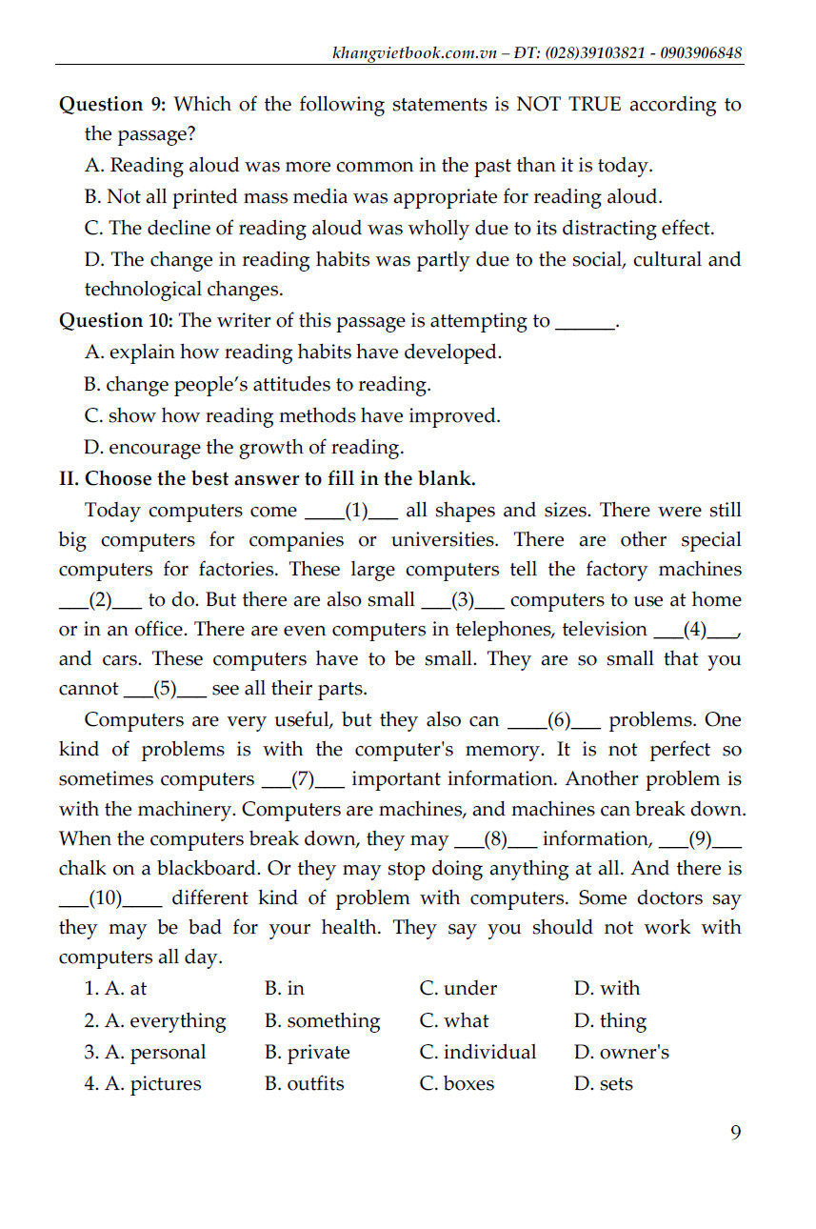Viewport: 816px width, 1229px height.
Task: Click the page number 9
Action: pyautogui.click(x=735, y=1132)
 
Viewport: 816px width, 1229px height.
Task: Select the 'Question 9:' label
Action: pyautogui.click(x=112, y=104)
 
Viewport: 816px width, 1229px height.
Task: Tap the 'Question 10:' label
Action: pyautogui.click(x=117, y=321)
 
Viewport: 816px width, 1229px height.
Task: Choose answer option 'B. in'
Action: pyautogui.click(x=285, y=988)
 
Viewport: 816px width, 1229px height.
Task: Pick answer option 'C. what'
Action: pyautogui.click(x=454, y=1020)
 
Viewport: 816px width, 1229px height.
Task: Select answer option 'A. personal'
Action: pyautogui.click(x=145, y=1052)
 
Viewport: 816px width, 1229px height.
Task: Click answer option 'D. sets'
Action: pyautogui.click(x=604, y=1083)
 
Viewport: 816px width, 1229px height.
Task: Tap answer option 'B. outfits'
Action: pyautogui.click(x=305, y=1083)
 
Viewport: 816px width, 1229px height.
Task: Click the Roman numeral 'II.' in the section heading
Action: pyautogui.click(x=70, y=478)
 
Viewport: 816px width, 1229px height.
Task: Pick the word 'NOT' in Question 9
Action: pyautogui.click(x=540, y=104)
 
